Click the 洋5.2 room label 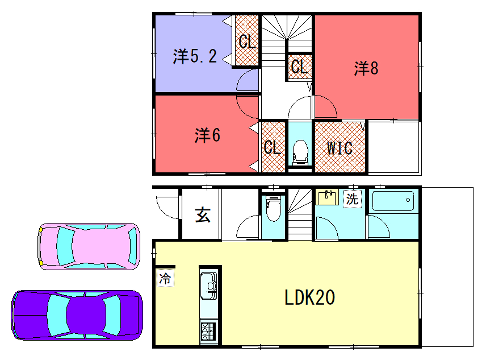click(x=195, y=57)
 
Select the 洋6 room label click(x=207, y=134)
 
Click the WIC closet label click(x=339, y=148)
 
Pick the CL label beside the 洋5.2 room click(x=246, y=42)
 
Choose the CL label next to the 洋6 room click(x=271, y=148)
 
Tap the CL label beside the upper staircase click(x=298, y=67)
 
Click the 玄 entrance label click(x=202, y=213)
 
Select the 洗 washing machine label click(x=351, y=198)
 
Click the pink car click(x=88, y=246)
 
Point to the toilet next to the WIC click(x=299, y=151)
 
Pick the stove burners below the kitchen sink click(x=209, y=329)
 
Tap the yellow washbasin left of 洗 click(x=326, y=198)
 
